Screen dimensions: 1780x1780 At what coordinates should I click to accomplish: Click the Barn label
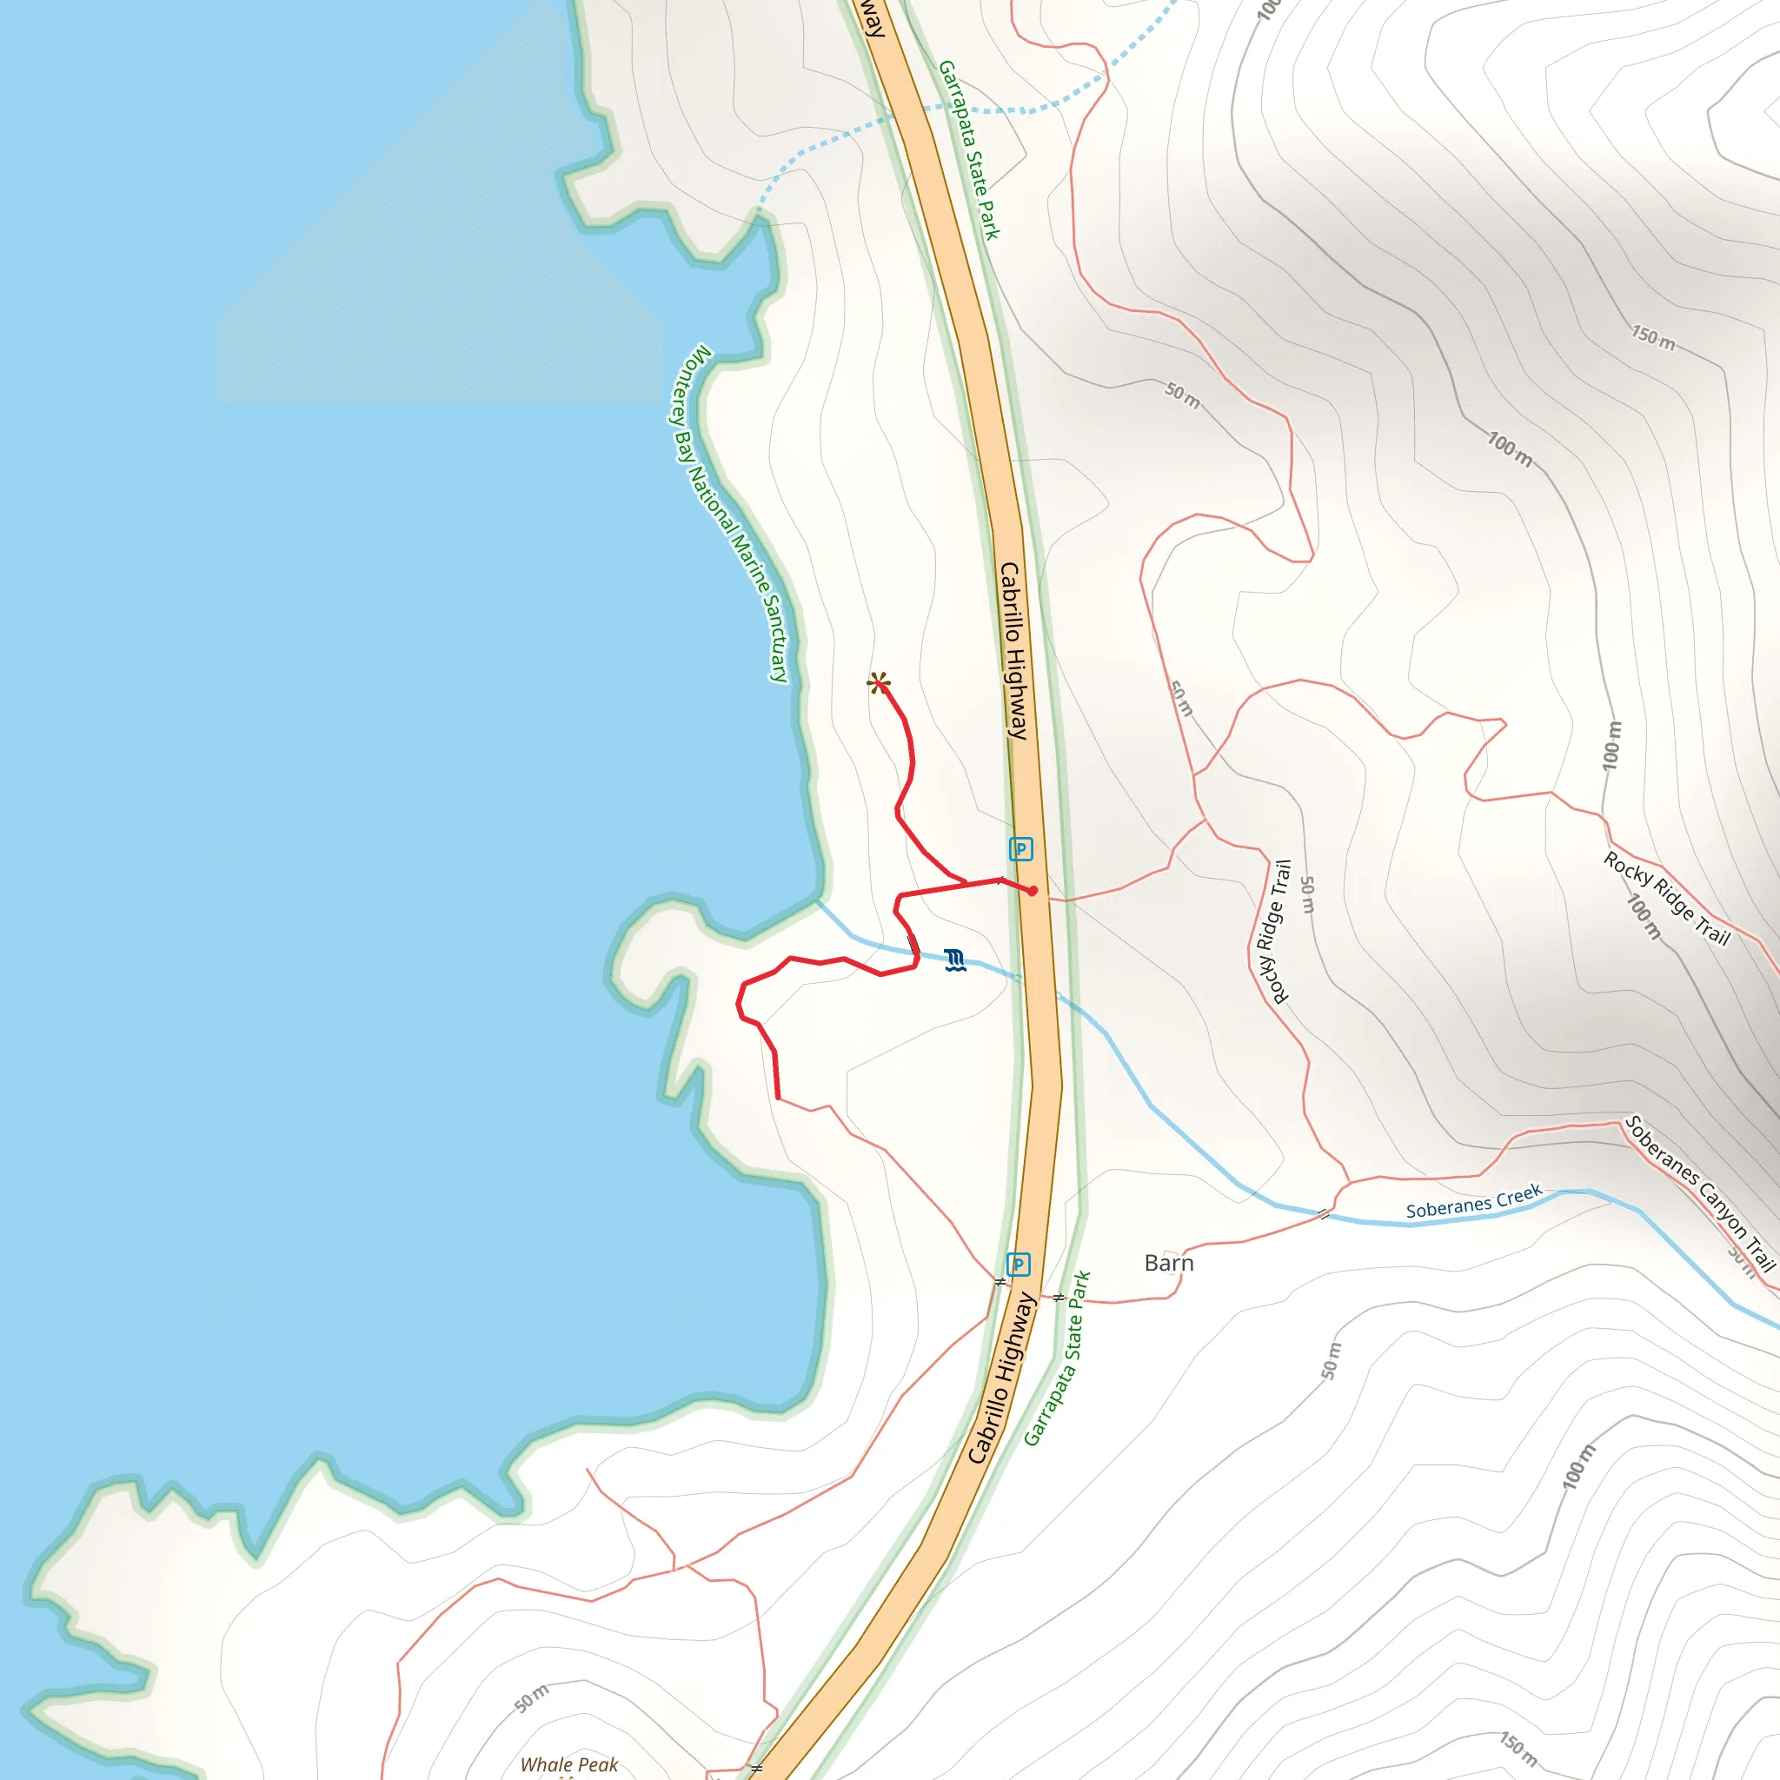pyautogui.click(x=1168, y=1263)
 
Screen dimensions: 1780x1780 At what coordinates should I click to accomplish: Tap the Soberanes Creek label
pyautogui.click(x=1473, y=1201)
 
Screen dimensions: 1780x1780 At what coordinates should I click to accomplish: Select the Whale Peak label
pyautogui.click(x=568, y=1764)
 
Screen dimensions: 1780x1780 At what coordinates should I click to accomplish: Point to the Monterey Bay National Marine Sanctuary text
pyautogui.click(x=727, y=515)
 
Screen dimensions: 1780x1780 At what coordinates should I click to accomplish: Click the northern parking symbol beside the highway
pyautogui.click(x=1020, y=848)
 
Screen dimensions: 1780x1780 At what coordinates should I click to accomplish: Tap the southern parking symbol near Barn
pyautogui.click(x=1017, y=1264)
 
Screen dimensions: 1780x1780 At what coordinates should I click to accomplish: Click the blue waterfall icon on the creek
pyautogui.click(x=954, y=960)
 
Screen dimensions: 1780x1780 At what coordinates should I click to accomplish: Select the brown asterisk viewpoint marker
pyautogui.click(x=878, y=682)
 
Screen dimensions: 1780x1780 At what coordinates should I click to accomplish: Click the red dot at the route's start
pyautogui.click(x=1033, y=891)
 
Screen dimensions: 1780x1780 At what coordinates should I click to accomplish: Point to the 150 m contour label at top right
pyautogui.click(x=1653, y=338)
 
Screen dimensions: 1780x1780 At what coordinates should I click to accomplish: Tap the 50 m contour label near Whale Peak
pyautogui.click(x=532, y=1698)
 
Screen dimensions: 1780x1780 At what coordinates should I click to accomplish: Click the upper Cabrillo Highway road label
pyautogui.click(x=1013, y=650)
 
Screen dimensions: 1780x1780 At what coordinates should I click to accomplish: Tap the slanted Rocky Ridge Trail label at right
pyautogui.click(x=1668, y=899)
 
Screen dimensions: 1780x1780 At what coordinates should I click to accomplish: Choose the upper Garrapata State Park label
pyautogui.click(x=968, y=150)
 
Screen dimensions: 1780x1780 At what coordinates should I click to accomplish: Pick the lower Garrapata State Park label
pyautogui.click(x=1057, y=1358)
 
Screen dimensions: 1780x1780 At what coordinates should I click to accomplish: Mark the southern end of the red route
pyautogui.click(x=779, y=1099)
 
